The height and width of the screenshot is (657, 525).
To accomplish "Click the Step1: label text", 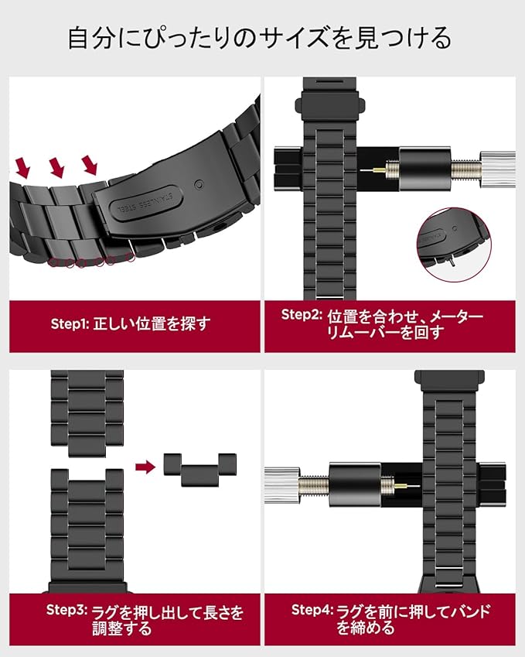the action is (x=70, y=324).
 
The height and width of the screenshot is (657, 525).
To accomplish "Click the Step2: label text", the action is (x=302, y=315).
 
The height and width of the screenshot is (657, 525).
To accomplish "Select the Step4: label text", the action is (x=312, y=610).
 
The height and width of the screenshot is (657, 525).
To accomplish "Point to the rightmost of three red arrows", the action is (x=90, y=165).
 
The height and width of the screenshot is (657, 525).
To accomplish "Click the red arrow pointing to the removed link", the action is (x=145, y=467).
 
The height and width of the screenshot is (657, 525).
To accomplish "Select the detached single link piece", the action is (x=199, y=469).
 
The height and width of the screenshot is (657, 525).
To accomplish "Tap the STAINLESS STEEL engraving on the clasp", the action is (x=145, y=202).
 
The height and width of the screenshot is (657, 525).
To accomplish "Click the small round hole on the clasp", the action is (x=199, y=184).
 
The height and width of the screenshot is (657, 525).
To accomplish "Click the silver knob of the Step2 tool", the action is (x=497, y=169).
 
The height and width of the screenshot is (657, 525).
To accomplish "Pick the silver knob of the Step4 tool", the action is (x=281, y=484).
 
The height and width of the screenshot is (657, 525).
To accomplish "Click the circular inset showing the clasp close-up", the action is (x=454, y=245).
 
